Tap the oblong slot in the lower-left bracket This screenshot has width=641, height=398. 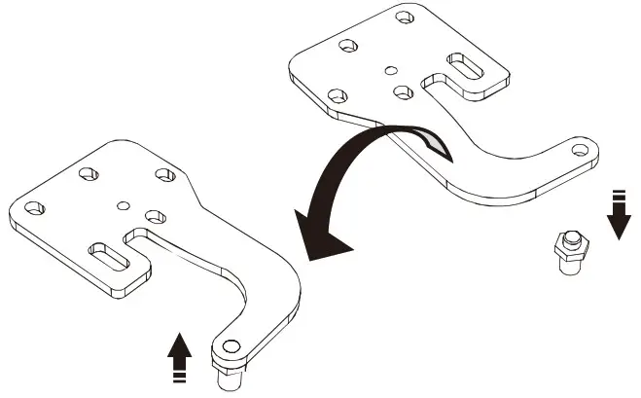[109, 257]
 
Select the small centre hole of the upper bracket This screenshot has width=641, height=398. [390, 69]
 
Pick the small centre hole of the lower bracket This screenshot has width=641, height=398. [123, 204]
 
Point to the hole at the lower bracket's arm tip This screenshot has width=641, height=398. [230, 344]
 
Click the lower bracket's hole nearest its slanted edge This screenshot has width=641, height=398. [164, 174]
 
